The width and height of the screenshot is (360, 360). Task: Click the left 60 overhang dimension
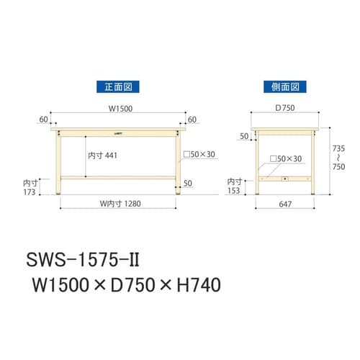click(45, 120)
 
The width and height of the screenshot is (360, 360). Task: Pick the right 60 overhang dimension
click(192, 120)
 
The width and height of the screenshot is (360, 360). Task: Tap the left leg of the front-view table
click(60, 166)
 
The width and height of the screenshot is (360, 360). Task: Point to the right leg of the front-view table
click(176, 166)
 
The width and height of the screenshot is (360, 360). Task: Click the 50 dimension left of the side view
click(244, 136)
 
